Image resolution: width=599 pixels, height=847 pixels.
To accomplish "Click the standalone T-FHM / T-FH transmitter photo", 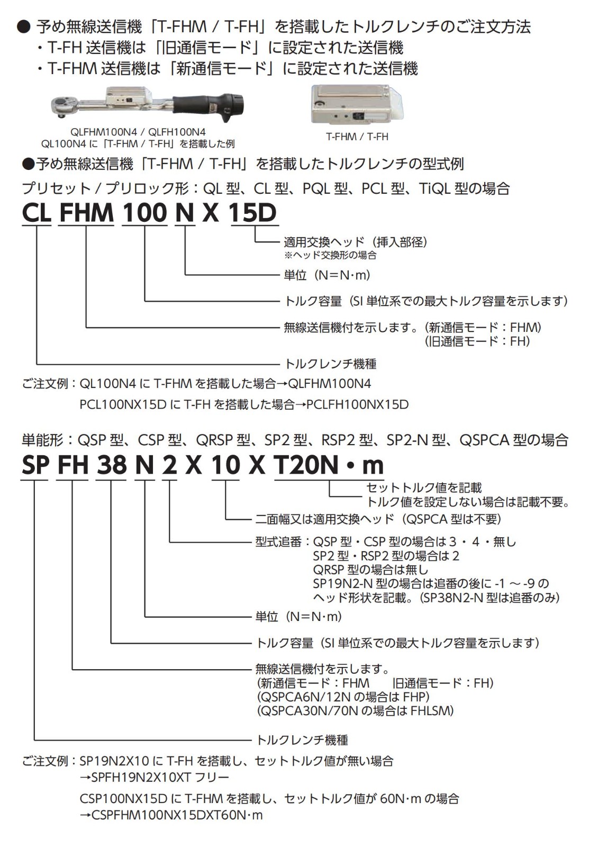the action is [x=357, y=104].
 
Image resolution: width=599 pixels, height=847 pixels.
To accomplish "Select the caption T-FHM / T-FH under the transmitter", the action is [x=357, y=137].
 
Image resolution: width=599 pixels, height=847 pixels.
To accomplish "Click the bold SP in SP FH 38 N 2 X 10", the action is [x=35, y=465].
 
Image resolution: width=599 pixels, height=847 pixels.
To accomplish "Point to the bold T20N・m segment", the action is [x=329, y=465].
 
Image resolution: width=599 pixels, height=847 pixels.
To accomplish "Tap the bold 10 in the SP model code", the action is [x=225, y=465].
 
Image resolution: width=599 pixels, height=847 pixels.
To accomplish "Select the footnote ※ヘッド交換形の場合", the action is [x=330, y=255].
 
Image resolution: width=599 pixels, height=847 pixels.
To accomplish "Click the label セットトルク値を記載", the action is [x=424, y=488].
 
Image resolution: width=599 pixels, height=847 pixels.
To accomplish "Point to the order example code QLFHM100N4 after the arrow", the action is [x=330, y=384].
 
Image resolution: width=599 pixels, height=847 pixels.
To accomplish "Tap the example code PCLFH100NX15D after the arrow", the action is [x=358, y=404].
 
